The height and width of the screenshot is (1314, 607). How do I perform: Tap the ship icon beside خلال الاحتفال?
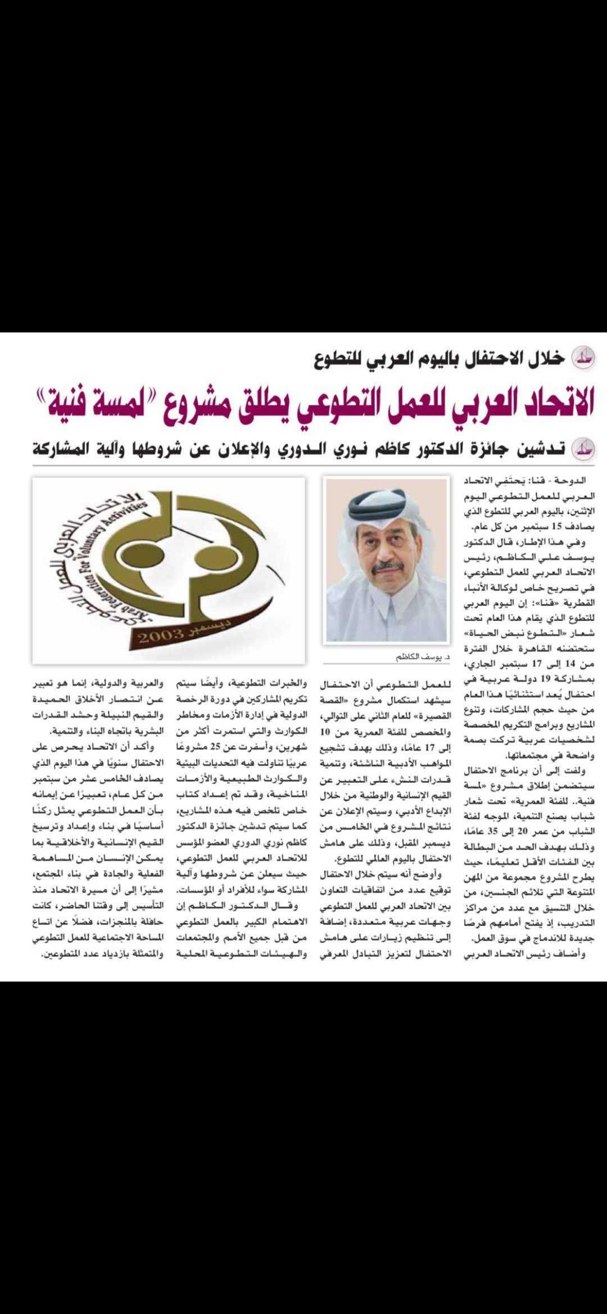pos(582,358)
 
